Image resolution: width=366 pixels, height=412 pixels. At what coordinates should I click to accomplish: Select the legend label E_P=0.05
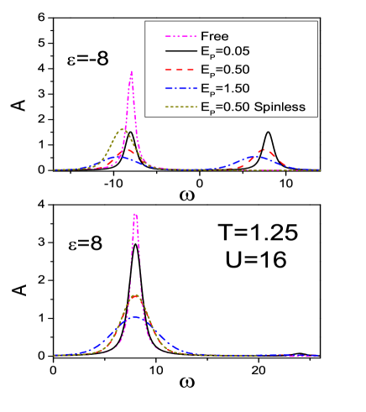coord(226,54)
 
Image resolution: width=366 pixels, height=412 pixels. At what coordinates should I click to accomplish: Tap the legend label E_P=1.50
coord(226,89)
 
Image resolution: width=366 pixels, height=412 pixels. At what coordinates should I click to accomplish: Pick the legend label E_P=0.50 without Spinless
coord(226,71)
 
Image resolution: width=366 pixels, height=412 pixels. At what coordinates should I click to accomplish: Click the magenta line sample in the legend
coord(180,36)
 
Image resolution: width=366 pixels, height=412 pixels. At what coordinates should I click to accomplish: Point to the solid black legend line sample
coord(180,54)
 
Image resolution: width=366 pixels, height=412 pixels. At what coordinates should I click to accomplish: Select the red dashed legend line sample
coord(180,71)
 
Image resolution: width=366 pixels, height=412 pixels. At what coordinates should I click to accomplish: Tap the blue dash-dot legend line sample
coord(180,89)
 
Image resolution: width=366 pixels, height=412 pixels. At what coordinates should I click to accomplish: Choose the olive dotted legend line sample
coord(180,107)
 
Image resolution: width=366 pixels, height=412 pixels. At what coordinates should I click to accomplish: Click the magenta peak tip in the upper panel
coord(132,72)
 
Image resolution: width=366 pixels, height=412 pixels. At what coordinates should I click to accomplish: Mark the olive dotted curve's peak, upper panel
coord(123,130)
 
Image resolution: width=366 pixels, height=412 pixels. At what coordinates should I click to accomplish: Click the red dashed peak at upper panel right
coord(264,150)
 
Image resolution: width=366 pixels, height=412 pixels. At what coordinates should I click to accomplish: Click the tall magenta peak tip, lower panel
coord(135,214)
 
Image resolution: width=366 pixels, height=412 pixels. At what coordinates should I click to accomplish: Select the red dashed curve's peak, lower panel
coord(135,296)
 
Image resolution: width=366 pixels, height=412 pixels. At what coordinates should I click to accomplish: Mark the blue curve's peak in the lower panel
coord(135,317)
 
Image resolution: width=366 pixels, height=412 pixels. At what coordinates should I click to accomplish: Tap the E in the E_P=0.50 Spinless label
coord(203,107)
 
